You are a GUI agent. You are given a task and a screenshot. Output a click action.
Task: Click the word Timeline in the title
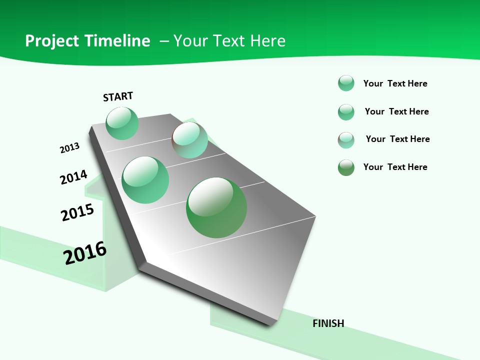click(117, 41)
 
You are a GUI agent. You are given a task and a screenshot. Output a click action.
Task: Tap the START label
click(118, 96)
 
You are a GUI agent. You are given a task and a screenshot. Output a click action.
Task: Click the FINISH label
click(328, 323)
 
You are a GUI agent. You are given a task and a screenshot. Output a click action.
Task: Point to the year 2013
click(69, 148)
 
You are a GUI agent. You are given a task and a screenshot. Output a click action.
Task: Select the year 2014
click(73, 177)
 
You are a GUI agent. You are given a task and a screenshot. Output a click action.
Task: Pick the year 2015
click(77, 212)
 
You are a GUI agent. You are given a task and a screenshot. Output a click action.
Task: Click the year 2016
click(85, 253)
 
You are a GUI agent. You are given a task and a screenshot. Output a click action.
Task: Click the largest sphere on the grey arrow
click(216, 207)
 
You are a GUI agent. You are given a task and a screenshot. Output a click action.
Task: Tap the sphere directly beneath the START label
click(122, 123)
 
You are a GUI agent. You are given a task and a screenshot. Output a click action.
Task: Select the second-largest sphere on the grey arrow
click(145, 180)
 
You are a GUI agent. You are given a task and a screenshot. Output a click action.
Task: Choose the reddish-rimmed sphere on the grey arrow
click(190, 140)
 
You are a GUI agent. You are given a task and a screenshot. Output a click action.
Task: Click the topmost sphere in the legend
click(346, 83)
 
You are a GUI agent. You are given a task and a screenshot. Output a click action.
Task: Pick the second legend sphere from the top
click(346, 112)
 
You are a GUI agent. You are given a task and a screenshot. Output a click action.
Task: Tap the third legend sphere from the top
click(346, 140)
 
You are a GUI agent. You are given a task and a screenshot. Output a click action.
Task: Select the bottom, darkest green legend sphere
click(346, 167)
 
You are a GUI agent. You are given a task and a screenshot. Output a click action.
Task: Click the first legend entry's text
click(395, 83)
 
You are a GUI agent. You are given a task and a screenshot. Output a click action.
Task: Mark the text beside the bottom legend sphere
click(395, 167)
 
